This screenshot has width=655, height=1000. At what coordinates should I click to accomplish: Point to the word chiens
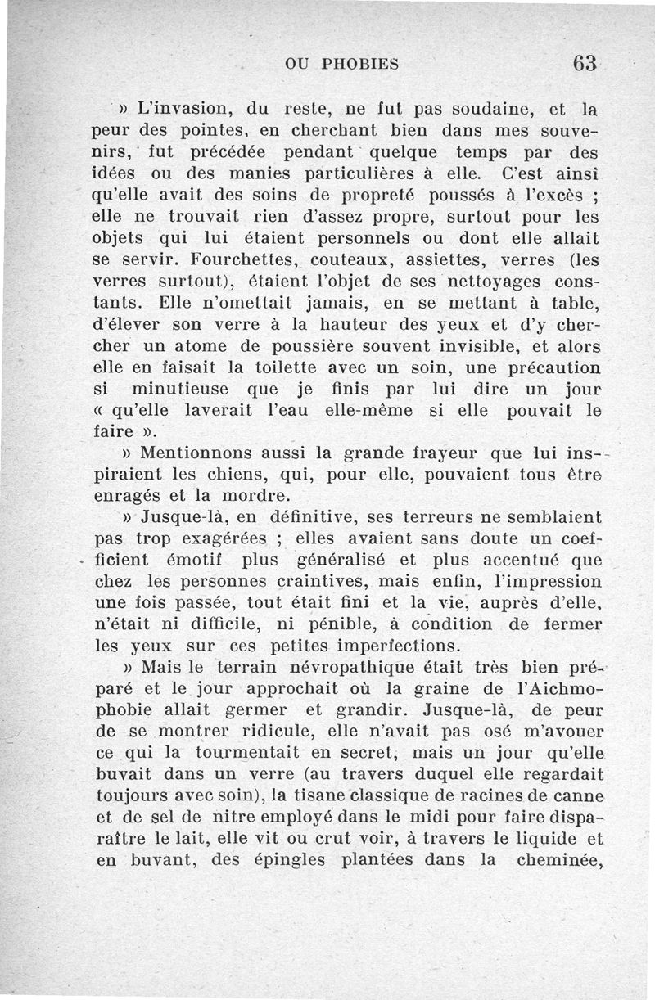pos(246,475)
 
